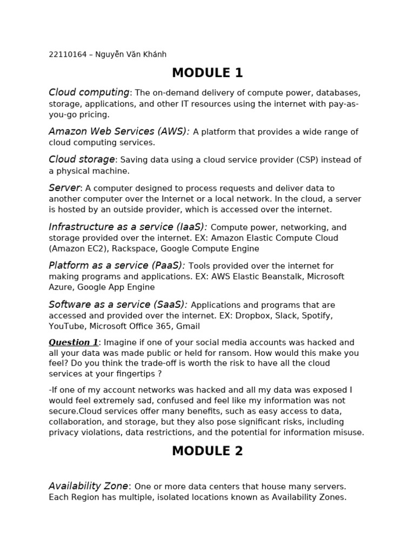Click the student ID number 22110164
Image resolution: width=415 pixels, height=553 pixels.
[68, 55]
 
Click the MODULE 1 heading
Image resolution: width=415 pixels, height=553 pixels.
[207, 73]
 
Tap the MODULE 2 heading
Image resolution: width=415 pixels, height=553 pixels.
[207, 451]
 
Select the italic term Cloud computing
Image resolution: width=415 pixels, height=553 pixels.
[89, 93]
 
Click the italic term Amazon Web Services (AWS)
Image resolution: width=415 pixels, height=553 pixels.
[119, 132]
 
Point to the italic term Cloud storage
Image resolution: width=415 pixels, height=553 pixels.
[82, 159]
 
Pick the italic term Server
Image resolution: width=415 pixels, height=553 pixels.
[64, 188]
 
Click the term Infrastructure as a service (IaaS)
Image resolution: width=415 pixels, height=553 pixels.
[128, 227]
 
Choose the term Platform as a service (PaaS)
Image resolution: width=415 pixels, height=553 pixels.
[117, 266]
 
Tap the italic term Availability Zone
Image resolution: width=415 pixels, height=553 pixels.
[89, 486]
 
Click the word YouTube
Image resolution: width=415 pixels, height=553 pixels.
[66, 326]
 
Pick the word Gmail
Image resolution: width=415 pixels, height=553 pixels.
[188, 326]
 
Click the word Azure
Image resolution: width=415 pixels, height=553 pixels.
[60, 287]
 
